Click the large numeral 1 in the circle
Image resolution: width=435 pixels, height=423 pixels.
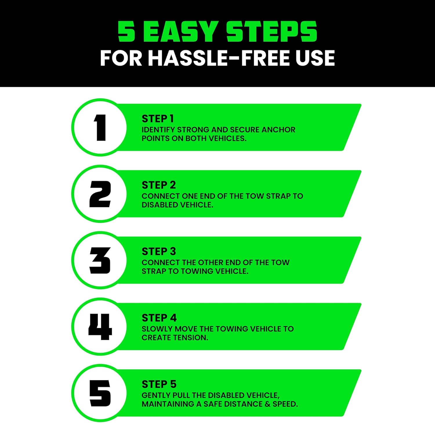(100, 128)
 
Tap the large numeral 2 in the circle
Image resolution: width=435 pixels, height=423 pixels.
(100, 194)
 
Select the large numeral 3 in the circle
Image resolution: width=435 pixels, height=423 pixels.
(100, 260)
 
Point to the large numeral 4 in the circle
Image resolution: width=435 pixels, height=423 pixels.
(100, 327)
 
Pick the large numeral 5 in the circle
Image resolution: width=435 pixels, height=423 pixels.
(100, 393)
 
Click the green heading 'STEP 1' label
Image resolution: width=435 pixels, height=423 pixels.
(158, 119)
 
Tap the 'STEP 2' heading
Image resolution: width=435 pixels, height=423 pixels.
(159, 185)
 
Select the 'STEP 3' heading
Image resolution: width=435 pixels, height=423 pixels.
(159, 251)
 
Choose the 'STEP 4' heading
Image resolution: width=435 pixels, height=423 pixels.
(159, 318)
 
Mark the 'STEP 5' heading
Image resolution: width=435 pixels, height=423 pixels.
(159, 384)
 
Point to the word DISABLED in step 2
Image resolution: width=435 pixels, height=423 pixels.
(160, 205)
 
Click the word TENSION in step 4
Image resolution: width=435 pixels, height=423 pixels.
(193, 338)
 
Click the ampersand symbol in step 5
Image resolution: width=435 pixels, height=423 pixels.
(267, 404)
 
